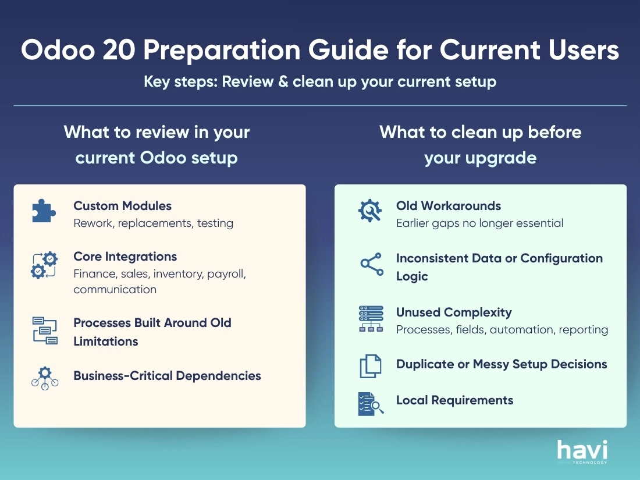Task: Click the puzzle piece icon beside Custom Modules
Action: [x=44, y=211]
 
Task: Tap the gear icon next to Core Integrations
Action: [x=44, y=265]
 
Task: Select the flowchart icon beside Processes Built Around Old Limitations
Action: [x=44, y=330]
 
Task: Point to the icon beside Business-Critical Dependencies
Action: [x=44, y=378]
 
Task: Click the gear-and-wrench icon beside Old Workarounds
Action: [x=370, y=211]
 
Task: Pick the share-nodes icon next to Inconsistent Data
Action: [x=371, y=264]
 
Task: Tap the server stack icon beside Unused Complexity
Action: [x=371, y=319]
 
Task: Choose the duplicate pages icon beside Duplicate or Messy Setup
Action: [x=370, y=366]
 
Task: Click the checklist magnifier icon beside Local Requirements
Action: [x=371, y=403]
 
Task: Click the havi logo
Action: [x=582, y=451]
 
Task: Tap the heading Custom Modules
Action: [x=122, y=206]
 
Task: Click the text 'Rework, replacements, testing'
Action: [x=153, y=223]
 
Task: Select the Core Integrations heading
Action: [x=125, y=257]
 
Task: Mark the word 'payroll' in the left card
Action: [x=226, y=274]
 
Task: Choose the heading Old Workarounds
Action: [x=449, y=206]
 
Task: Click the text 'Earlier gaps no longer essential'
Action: [x=479, y=223]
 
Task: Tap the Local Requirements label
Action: [x=454, y=400]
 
